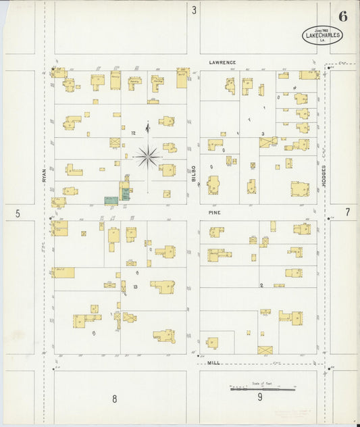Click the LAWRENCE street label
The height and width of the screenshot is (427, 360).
pos(222,63)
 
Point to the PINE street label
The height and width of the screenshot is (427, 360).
pos(214,211)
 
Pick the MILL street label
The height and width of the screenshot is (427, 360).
pos(213,363)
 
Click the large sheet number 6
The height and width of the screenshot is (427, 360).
pos(343,18)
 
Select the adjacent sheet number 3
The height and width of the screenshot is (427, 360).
pos(194,10)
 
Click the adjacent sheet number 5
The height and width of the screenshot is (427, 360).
pos(18,214)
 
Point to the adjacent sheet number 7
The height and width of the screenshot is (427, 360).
pos(348,212)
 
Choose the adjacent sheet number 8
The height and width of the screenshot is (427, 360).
pos(114,399)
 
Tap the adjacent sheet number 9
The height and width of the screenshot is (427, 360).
pos(260,397)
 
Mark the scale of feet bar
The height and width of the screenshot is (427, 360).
pos(263,389)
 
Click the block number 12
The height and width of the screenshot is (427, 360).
pos(134,133)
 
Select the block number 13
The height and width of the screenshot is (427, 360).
pos(135,286)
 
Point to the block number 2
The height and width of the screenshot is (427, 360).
pos(261,286)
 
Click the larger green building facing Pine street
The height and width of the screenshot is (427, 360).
pos(111,200)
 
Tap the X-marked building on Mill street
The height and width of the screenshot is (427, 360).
pos(265,350)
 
